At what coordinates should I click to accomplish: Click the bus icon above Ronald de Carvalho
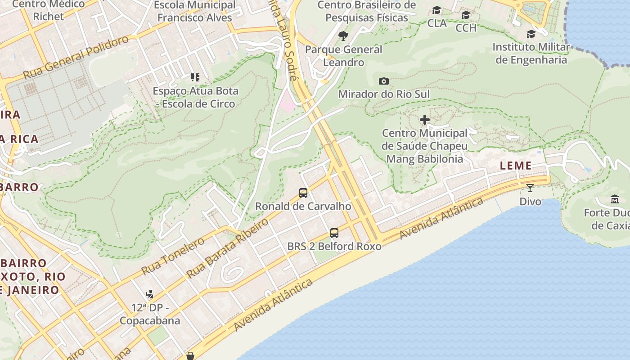coord(303,193)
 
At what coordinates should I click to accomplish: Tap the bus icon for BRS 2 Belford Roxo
coord(334,233)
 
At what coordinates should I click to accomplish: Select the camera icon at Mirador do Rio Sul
coord(383,81)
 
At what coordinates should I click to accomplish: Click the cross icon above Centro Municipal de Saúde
coord(424,120)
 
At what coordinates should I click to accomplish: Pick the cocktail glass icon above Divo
coord(530,188)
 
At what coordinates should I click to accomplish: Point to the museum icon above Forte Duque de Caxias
coord(615,199)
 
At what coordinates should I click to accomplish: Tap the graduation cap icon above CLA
coord(436,10)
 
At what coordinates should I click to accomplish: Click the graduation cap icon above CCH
coord(466,15)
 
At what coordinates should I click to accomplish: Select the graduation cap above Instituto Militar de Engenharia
coord(531,34)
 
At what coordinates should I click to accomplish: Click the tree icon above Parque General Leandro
coord(343,36)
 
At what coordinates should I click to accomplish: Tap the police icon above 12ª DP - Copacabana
coord(149,295)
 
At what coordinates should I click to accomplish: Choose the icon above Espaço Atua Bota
coord(195,77)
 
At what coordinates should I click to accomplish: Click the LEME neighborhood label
coord(516,166)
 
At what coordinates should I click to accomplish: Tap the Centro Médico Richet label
coord(49,10)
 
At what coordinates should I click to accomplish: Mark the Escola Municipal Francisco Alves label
coord(195,11)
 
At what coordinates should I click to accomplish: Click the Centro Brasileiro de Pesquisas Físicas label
coord(366,11)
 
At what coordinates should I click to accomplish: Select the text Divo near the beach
coord(530,201)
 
